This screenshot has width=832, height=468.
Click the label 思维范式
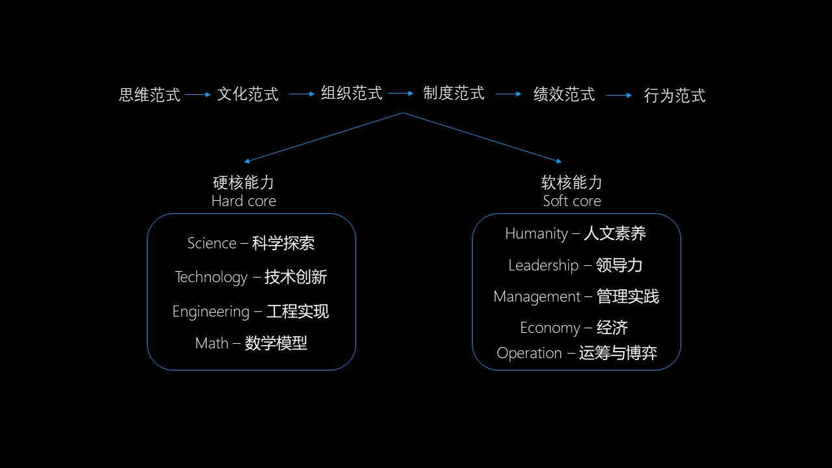click(149, 95)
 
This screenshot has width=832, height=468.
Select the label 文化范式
click(248, 94)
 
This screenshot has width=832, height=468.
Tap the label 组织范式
click(352, 93)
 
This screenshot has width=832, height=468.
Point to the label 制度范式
click(454, 93)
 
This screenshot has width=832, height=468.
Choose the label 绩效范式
click(564, 94)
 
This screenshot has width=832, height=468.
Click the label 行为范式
click(675, 96)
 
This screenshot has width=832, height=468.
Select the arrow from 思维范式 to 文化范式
click(198, 95)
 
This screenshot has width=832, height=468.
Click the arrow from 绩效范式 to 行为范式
click(619, 96)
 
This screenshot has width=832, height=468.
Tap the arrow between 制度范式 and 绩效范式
click(508, 94)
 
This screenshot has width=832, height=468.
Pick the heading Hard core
click(244, 201)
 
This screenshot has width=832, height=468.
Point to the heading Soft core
click(572, 201)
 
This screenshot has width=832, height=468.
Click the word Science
click(212, 243)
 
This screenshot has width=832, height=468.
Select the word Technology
click(211, 278)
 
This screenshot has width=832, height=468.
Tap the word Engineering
click(211, 312)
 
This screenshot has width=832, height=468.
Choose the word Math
click(212, 343)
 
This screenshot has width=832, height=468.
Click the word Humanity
click(536, 234)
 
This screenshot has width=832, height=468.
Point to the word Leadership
click(543, 265)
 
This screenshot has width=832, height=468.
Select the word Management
click(537, 296)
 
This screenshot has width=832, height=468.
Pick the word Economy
click(550, 328)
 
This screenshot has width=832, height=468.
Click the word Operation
click(529, 353)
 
